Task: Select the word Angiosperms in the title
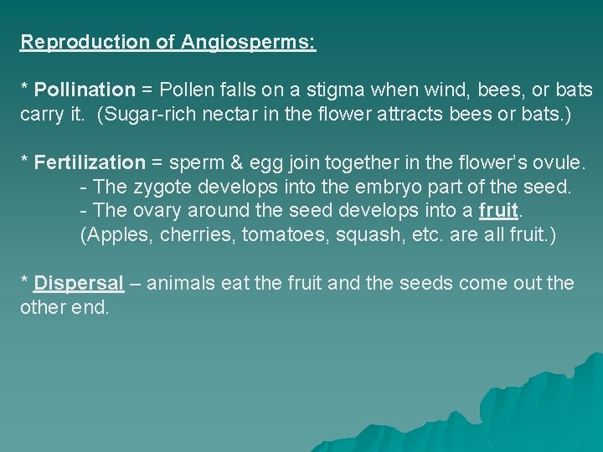point(247,42)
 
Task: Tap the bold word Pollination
point(84,89)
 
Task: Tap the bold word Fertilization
point(90,162)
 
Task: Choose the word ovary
point(160,211)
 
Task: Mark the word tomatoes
point(284,234)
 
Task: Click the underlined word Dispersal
point(80,283)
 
